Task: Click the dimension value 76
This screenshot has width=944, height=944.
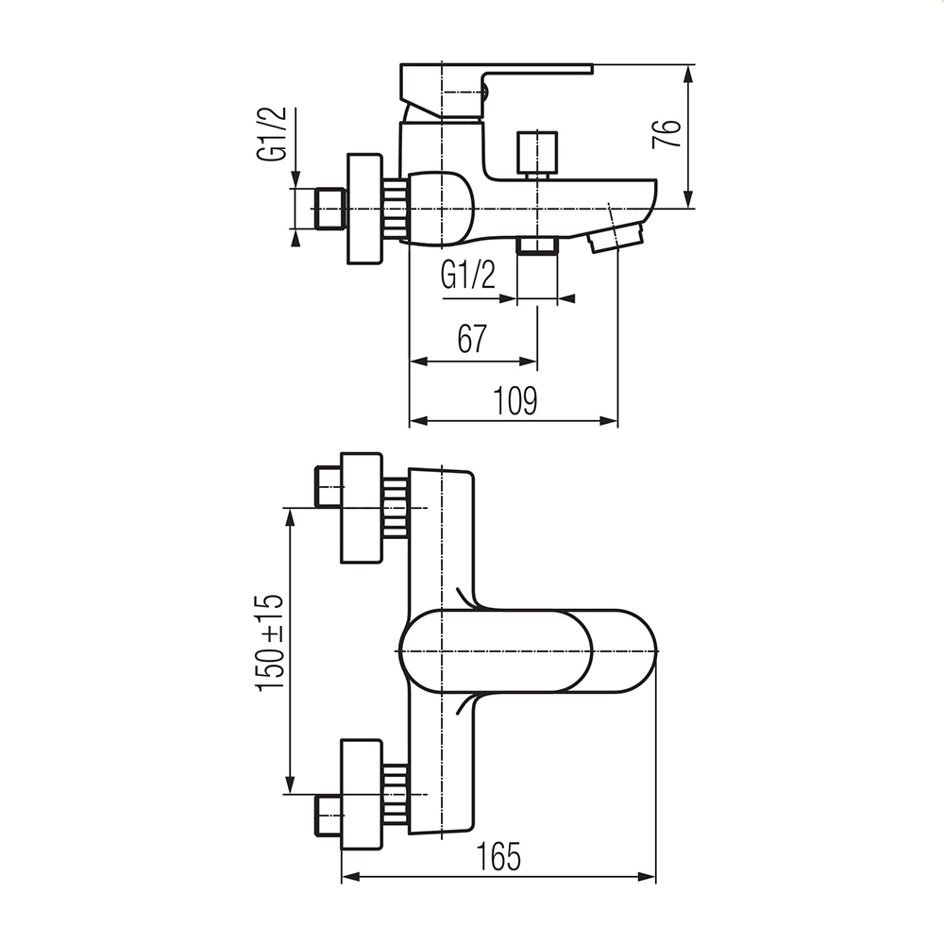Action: pos(667,134)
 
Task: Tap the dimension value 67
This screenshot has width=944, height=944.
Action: pos(472,339)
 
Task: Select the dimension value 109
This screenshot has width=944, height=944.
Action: pos(514,400)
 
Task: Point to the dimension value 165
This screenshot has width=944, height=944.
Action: pos(498,856)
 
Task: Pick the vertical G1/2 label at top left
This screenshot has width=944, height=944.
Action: pos(272,134)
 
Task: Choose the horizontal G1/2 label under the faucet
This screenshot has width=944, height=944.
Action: pos(468,275)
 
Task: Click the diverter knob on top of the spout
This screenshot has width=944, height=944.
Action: pos(537,154)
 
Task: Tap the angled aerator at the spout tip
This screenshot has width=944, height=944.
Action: pos(615,237)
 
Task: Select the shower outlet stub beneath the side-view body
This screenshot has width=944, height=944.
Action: pos(537,245)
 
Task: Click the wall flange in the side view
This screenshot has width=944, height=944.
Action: pos(364,209)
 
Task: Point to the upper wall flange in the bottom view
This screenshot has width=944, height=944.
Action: pos(362,508)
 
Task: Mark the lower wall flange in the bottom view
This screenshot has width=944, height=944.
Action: pos(362,794)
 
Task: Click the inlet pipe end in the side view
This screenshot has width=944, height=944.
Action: pos(330,209)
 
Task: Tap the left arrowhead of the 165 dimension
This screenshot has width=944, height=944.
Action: pos(350,877)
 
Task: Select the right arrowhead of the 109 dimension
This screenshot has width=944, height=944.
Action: pos(609,421)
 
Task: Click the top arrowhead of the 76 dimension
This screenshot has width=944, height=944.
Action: pos(689,74)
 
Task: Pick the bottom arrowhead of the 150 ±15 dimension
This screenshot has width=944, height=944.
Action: pos(290,785)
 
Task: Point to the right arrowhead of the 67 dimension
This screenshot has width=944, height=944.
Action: pos(528,362)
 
